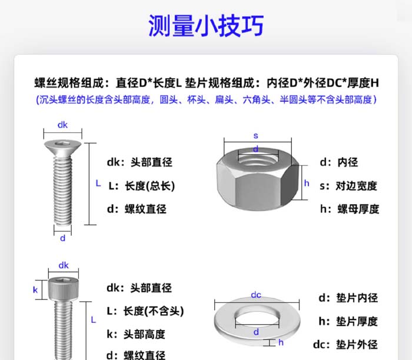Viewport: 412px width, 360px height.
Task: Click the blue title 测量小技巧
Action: [x=206, y=25]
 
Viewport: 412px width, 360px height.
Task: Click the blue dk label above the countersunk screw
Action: [x=62, y=125]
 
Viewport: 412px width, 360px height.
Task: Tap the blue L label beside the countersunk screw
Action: [x=98, y=184]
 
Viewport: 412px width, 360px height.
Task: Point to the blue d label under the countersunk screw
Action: [x=62, y=238]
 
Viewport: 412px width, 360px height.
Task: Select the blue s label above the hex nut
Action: [x=256, y=136]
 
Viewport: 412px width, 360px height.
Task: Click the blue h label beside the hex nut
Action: [x=307, y=183]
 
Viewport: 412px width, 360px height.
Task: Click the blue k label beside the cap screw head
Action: [x=35, y=290]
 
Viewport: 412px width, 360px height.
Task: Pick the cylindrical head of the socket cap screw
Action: [x=63, y=289]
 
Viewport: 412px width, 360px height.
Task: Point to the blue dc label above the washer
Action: [x=256, y=295]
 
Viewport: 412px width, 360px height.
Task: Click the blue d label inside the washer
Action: [x=256, y=332]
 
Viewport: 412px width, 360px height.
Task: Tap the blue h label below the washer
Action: [x=281, y=342]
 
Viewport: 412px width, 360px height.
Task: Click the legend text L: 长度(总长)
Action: [x=142, y=186]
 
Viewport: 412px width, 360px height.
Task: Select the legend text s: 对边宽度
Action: [x=348, y=186]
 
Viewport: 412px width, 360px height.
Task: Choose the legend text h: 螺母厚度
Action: [x=350, y=209]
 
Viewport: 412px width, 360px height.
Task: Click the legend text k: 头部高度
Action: [x=136, y=334]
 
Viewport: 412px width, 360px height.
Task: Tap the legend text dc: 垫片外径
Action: [x=345, y=345]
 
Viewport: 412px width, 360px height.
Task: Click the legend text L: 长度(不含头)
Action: [x=145, y=311]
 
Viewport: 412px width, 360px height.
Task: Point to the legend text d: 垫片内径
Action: [x=348, y=298]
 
